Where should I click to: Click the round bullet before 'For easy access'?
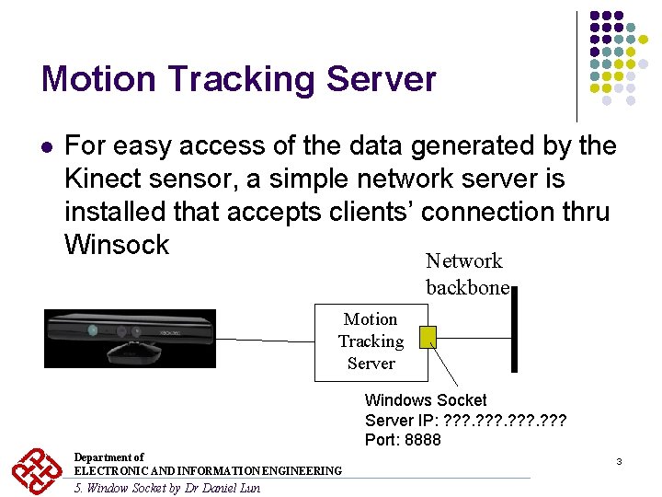click(x=47, y=146)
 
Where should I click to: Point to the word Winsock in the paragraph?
click(x=117, y=245)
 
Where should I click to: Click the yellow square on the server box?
click(x=427, y=338)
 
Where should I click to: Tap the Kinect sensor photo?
click(x=130, y=339)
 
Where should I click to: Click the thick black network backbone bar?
click(x=514, y=341)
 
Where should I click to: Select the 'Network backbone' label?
click(x=466, y=274)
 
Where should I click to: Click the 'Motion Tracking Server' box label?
click(x=371, y=341)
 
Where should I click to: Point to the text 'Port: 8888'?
click(x=403, y=440)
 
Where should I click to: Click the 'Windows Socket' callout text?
click(x=426, y=400)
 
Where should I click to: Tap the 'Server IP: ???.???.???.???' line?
click(x=465, y=421)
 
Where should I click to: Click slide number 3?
click(x=619, y=460)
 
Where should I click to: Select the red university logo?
click(x=37, y=470)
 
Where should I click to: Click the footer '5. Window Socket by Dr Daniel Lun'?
click(x=166, y=488)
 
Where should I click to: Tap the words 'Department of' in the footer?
click(x=108, y=457)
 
